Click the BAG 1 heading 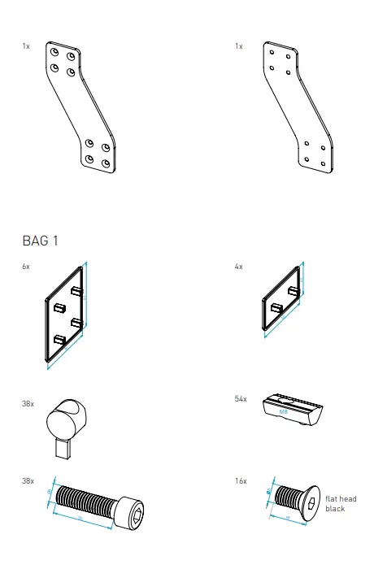tap(43, 241)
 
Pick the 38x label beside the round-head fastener tap(28, 401)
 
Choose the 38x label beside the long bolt tap(28, 482)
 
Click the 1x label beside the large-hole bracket tap(26, 47)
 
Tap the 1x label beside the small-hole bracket tap(238, 47)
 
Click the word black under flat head tap(335, 509)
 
